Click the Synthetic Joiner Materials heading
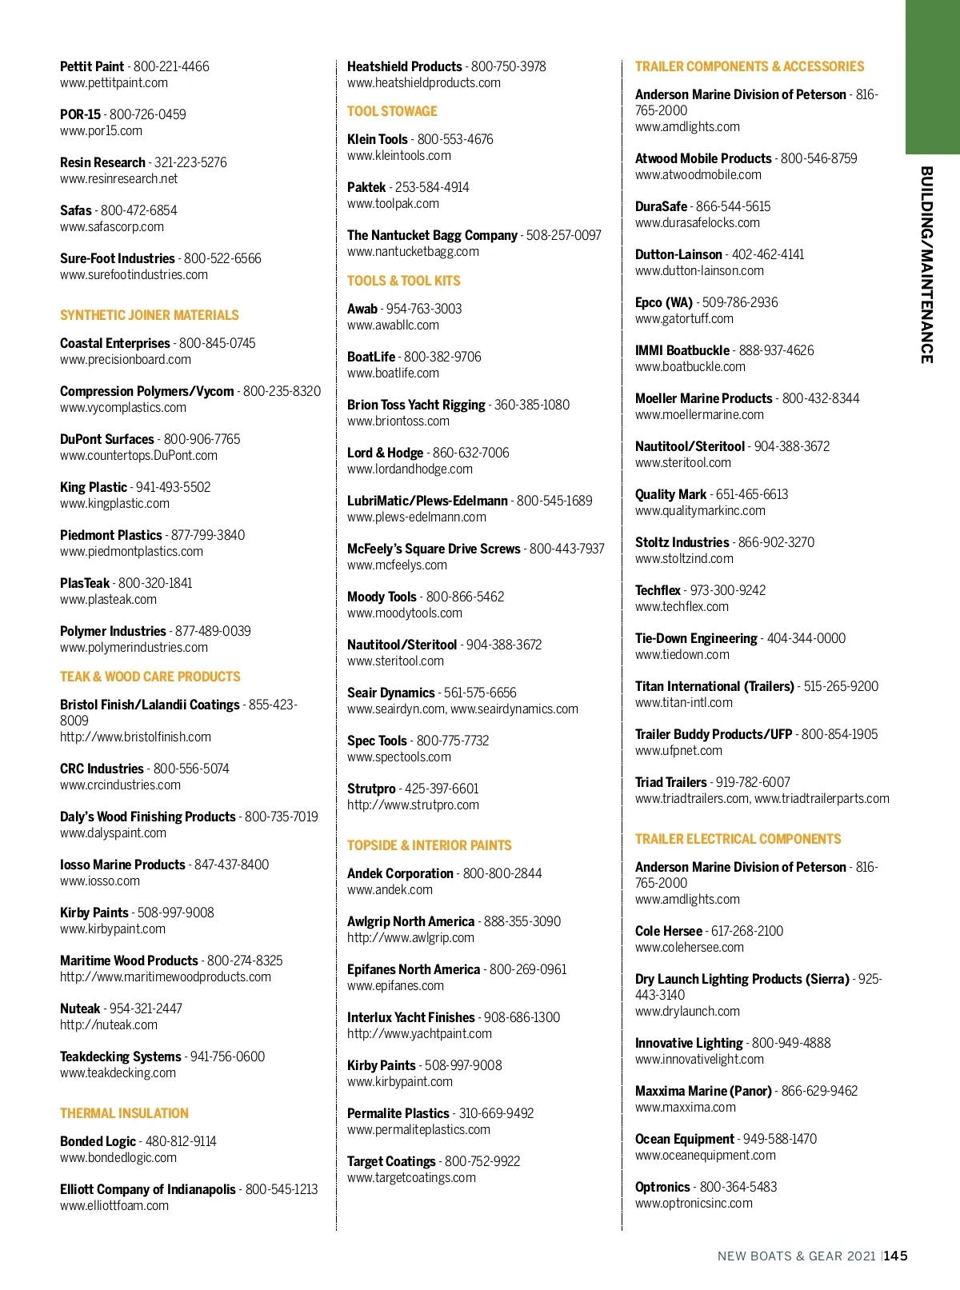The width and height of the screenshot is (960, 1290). [x=150, y=315]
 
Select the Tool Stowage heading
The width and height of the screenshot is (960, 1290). [x=392, y=111]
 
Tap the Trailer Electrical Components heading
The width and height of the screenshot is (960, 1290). [x=738, y=839]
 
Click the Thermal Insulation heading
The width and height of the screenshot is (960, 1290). [x=124, y=1113]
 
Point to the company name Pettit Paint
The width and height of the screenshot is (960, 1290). [x=92, y=66]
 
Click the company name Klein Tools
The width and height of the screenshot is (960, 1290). [x=378, y=139]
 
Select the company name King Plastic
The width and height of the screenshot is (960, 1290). [x=94, y=487]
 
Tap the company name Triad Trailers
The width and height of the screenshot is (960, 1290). [x=670, y=782]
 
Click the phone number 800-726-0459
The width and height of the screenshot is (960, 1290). [x=148, y=114]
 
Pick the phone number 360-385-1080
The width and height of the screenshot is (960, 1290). [x=532, y=405]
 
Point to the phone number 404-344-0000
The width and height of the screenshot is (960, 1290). [x=806, y=638]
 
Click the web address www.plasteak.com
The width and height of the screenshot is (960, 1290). [x=108, y=600]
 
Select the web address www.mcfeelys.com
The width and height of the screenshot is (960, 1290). [x=397, y=565]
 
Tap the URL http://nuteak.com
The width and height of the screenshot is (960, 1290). [x=109, y=1025]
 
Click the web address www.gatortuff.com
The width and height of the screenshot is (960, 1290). [x=684, y=319]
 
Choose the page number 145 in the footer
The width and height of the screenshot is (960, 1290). [x=896, y=1256]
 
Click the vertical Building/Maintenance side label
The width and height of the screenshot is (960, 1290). [x=926, y=265]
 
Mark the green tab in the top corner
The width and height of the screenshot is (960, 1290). [x=932, y=77]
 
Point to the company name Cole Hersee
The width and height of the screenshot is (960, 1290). [x=668, y=931]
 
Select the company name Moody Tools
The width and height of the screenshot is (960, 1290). [x=382, y=597]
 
